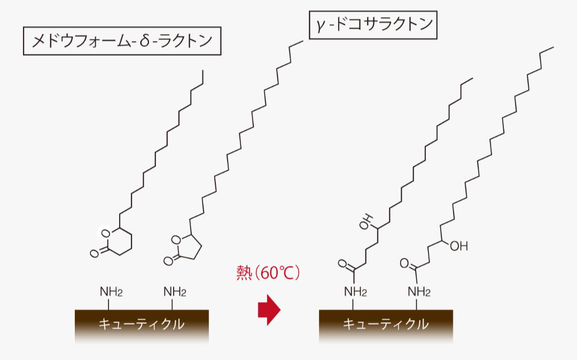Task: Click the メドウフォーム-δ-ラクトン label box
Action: click(x=122, y=41)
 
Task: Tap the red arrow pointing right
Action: click(x=269, y=309)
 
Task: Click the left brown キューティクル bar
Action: click(x=141, y=324)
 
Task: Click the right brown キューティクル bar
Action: click(x=386, y=324)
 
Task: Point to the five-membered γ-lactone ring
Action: click(x=188, y=247)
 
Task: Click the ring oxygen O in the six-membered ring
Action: click(x=105, y=233)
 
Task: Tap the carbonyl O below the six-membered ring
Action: click(x=94, y=253)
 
